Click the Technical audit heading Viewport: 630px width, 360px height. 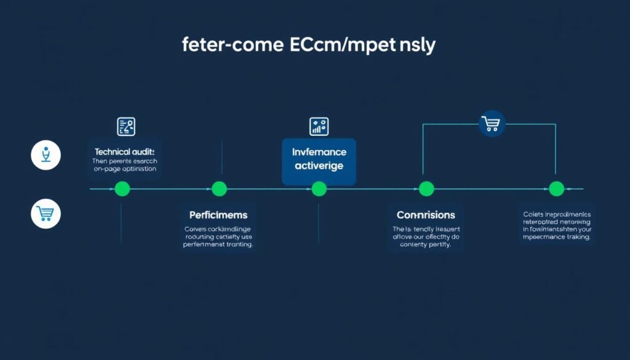tap(124, 151)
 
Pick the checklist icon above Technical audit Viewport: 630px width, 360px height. tap(126, 127)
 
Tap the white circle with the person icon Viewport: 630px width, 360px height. tap(46, 155)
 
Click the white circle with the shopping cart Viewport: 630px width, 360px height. tap(46, 214)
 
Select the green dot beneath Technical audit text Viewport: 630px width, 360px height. tap(122, 189)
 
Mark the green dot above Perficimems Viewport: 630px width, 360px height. tap(220, 189)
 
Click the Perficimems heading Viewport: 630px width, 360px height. tap(218, 215)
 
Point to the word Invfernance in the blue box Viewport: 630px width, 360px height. tap(319, 152)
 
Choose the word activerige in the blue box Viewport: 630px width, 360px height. tap(319, 166)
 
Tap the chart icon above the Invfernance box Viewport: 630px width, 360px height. tap(319, 127)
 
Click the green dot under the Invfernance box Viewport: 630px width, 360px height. tap(319, 189)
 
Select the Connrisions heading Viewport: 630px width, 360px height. tap(426, 215)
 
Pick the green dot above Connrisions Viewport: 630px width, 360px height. tap(426, 189)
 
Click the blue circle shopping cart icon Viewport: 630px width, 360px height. tap(492, 124)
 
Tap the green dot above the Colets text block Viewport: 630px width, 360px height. tap(556, 189)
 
